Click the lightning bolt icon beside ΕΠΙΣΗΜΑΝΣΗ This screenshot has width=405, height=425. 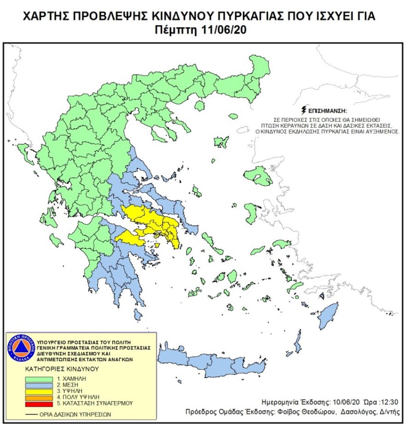[x=303, y=110]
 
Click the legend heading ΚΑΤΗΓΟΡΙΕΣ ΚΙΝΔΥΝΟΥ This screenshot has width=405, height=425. [x=62, y=368]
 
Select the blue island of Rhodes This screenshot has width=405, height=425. [x=328, y=317]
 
